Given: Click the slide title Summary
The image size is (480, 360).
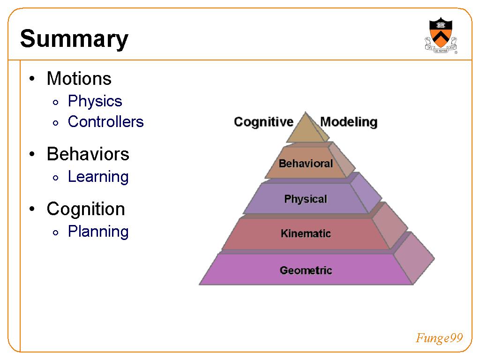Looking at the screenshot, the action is pos(74,39).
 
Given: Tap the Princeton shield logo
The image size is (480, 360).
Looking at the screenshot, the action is pos(441,36).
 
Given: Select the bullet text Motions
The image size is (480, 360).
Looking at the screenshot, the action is pos(79,78).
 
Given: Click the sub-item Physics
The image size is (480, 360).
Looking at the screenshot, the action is pos(95,101).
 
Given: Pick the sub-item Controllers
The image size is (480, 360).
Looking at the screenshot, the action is pos(105,121).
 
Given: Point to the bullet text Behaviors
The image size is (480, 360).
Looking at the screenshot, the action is pos(88,154).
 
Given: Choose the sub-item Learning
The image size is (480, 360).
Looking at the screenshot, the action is pos(98,177).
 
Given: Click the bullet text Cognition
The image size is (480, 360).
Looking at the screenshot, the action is pos(86,210).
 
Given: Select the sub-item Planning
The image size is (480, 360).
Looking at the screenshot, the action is pos(98,232).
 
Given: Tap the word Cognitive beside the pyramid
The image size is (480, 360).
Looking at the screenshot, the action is pos(263,122).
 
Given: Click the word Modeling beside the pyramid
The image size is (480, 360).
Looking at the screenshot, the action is pos(349,122).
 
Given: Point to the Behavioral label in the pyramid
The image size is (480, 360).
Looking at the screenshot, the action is pos(306,164).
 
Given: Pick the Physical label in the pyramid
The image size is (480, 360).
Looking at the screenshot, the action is pos(306,199).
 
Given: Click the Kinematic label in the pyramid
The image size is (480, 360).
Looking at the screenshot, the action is pos(306,233).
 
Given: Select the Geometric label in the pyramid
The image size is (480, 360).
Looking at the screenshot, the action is pos(306,270).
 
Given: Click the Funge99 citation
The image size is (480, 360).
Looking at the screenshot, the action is pos(439,338).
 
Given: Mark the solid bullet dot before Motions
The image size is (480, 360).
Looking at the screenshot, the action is pos(32,79).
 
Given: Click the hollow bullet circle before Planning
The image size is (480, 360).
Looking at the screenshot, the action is pos(55,232).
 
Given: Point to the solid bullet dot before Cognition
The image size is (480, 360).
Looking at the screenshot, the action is pos(32,209).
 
